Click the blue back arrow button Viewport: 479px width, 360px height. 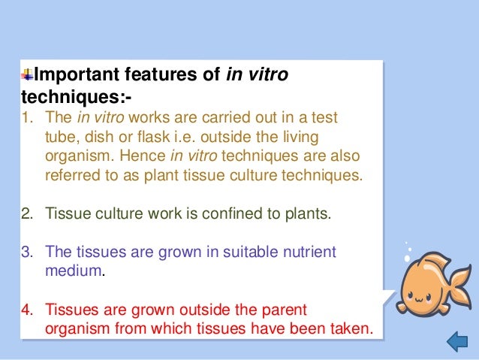click(456, 343)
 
